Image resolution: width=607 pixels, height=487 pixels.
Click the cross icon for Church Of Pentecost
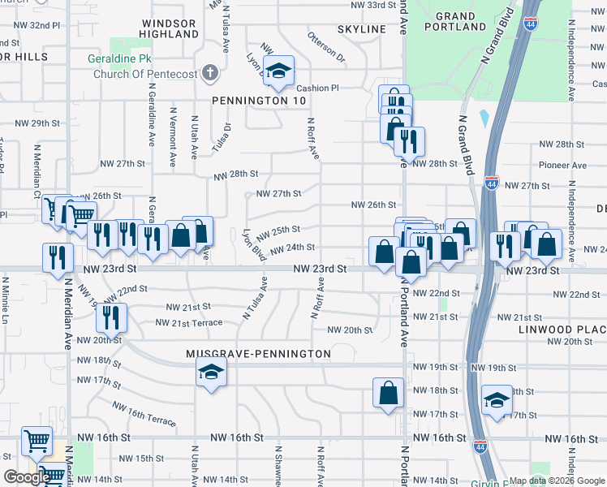tap(210, 72)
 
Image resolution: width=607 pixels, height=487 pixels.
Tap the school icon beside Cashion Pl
tap(279, 71)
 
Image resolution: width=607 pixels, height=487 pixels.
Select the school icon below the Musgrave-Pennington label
tap(212, 373)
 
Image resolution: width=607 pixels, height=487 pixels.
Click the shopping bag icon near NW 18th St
tap(389, 392)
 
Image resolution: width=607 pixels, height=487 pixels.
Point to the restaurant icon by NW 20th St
tap(112, 317)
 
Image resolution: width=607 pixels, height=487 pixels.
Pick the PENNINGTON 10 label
tap(248, 101)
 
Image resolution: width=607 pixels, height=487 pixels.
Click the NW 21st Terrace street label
tap(188, 323)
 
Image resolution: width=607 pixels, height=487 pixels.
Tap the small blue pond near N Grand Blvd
tap(484, 119)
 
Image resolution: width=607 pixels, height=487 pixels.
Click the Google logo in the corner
tap(26, 476)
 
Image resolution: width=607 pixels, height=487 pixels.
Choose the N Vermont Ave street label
tap(173, 136)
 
